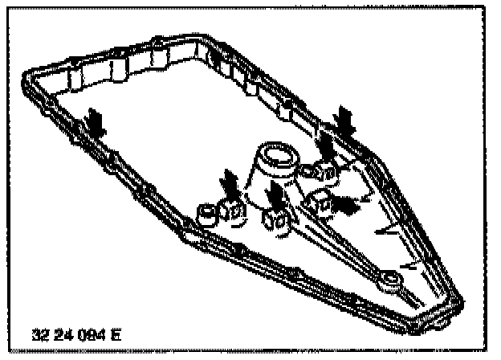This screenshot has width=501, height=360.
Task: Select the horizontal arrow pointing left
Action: pos(346,205)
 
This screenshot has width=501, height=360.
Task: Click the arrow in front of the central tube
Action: pos(277,195)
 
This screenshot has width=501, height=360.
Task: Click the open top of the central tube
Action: pos(275,153)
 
